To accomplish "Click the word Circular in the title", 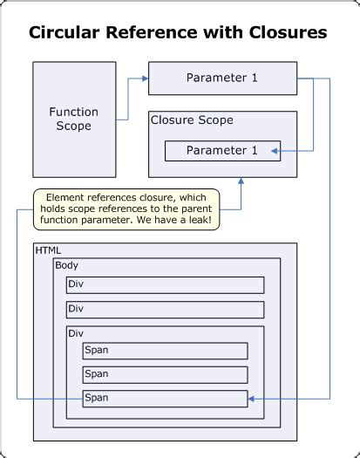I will pos(62,33).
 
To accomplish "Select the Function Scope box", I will pos(74,120).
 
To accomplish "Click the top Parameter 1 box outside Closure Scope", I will pos(221,78).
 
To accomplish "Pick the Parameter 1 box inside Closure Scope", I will pos(222,150).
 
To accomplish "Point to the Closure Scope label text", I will pos(192,120).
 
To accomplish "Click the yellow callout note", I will pos(126,209).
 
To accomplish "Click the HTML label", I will pos(49,250).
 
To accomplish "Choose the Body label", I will pos(66,264).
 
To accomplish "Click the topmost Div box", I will pos(165,285).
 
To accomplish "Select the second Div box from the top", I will pos(165,310).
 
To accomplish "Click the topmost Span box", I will pos(165,351).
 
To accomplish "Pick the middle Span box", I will pos(165,374).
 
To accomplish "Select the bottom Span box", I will pos(165,399).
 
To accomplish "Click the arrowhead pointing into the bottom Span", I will pos(253,399).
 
